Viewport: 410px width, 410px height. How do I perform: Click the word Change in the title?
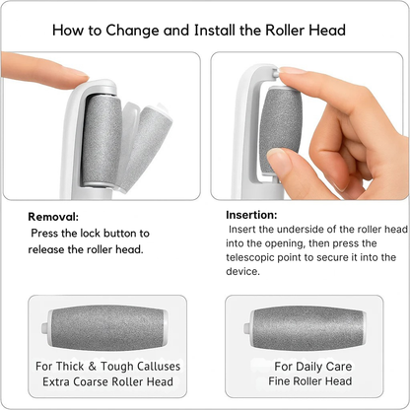132,31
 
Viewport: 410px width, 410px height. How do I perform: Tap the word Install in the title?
214,31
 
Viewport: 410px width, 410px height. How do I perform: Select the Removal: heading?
53,217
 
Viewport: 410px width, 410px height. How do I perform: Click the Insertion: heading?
251,215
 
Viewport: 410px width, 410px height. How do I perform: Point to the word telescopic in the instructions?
249,257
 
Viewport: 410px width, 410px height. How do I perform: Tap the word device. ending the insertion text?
242,271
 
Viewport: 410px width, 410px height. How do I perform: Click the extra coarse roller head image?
104,327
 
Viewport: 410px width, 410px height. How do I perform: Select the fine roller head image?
306,328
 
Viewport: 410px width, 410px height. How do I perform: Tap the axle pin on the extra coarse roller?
45,327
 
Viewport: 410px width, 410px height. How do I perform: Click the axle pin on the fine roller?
247,328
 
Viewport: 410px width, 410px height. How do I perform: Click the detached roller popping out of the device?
147,147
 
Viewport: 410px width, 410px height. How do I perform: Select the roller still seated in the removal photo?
102,141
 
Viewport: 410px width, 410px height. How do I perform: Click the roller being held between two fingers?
280,130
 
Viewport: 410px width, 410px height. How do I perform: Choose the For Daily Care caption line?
313,367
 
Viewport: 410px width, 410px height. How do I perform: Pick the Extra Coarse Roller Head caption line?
107,381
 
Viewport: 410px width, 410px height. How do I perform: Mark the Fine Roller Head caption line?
310,381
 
